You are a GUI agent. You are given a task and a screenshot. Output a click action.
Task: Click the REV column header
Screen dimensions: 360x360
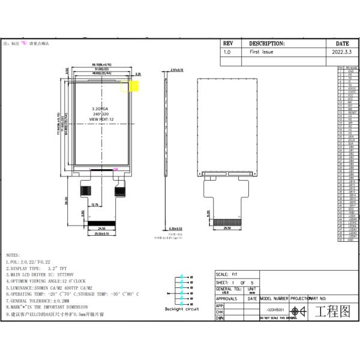[x=227, y=44]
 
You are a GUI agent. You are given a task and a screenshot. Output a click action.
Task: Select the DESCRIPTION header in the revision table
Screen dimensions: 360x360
[x=267, y=44]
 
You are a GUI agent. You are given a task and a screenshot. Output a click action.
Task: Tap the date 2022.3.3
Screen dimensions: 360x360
[x=341, y=53]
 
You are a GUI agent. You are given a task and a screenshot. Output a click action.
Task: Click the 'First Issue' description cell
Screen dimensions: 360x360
[x=263, y=53]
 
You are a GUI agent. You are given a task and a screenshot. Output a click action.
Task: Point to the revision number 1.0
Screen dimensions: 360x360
[x=227, y=53]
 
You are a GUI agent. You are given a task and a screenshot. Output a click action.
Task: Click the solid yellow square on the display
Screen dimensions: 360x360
[x=134, y=86]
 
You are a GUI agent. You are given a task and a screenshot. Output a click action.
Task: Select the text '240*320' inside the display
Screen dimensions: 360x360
[x=101, y=114]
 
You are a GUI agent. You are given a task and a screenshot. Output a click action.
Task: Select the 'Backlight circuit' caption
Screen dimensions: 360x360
[x=181, y=309]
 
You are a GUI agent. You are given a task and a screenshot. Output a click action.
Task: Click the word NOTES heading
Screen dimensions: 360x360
[x=13, y=255]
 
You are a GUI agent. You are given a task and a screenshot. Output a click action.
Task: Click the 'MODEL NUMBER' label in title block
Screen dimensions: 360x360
[x=274, y=298]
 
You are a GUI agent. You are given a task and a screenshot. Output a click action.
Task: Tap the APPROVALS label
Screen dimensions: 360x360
[x=226, y=298]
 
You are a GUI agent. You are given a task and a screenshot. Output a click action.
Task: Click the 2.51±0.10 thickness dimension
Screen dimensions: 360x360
[x=177, y=70]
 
